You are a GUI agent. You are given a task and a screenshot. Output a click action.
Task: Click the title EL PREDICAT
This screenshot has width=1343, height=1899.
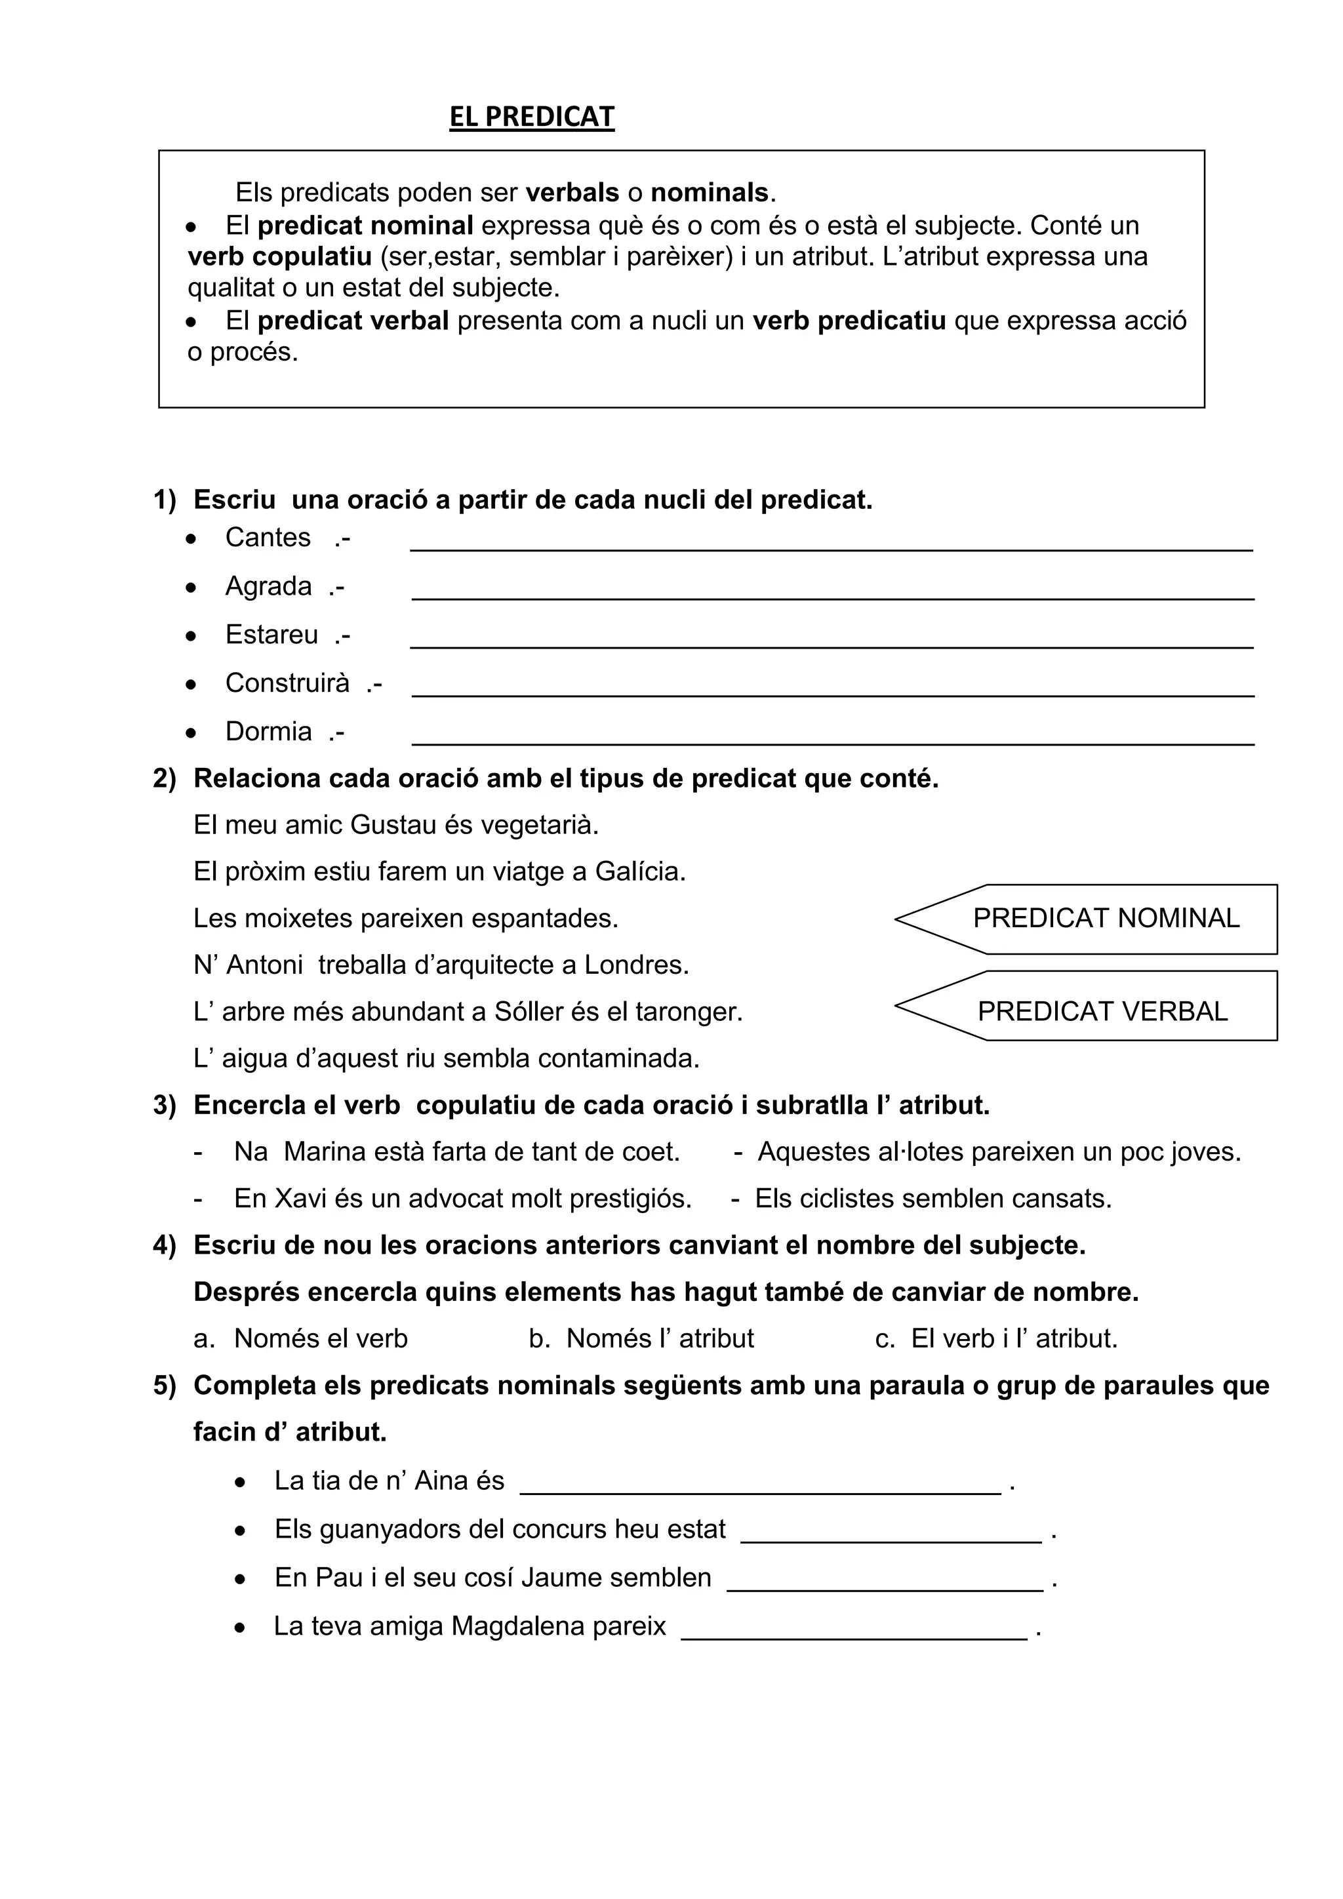click(x=532, y=117)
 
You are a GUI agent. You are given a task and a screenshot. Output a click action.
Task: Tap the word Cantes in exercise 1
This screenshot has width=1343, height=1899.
click(x=268, y=538)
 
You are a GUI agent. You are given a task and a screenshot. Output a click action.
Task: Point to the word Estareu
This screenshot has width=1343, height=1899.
click(x=271, y=635)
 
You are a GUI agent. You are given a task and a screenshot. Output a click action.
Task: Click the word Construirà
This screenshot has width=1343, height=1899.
click(x=287, y=683)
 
